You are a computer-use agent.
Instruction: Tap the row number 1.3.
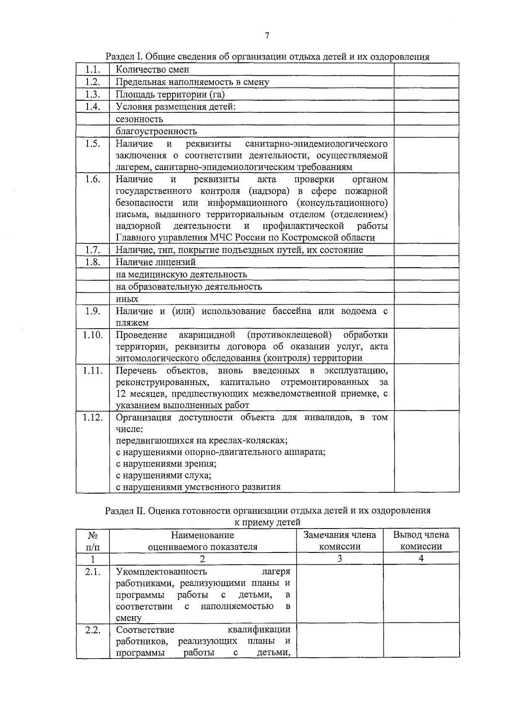[x=93, y=94]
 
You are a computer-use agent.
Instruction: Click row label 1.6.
[x=93, y=180]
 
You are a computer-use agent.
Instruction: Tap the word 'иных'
[x=127, y=299]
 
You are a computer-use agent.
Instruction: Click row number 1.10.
[x=93, y=335]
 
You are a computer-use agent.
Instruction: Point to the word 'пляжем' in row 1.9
[x=132, y=323]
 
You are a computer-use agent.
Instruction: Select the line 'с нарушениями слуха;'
[x=163, y=476]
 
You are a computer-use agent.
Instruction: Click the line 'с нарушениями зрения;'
[x=166, y=464]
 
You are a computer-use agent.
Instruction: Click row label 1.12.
[x=93, y=417]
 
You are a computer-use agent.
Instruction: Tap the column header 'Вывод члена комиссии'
[x=421, y=541]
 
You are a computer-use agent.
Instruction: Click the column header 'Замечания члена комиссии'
[x=340, y=541]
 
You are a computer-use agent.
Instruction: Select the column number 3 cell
[x=340, y=559]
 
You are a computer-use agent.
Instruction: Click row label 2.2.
[x=93, y=630]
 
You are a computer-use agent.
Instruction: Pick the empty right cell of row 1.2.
[x=426, y=82]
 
